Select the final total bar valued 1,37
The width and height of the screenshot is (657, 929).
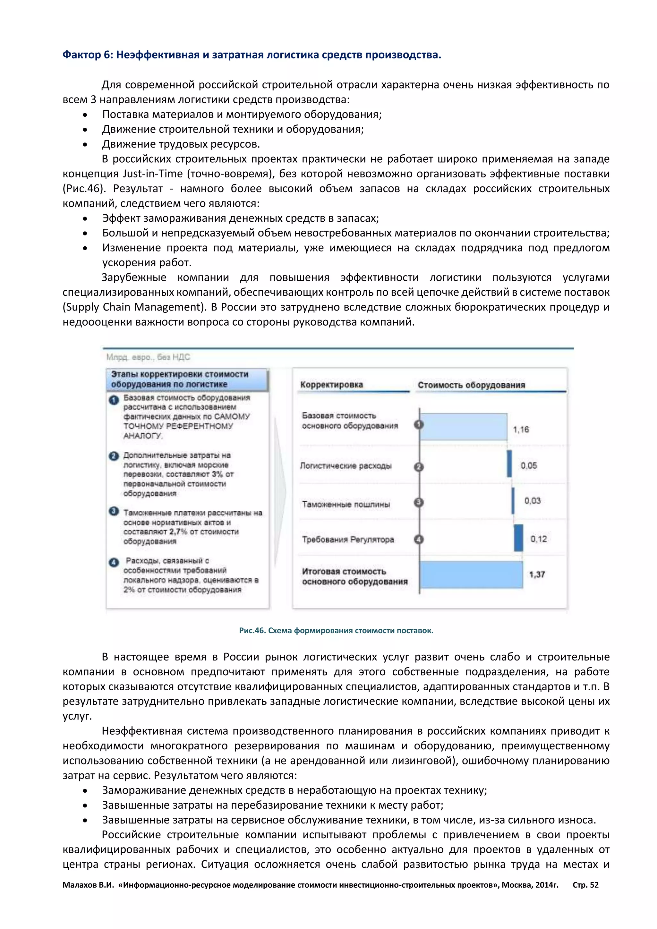(x=471, y=575)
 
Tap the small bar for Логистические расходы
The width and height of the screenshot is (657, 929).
(x=509, y=464)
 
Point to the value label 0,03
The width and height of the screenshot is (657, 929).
(x=533, y=501)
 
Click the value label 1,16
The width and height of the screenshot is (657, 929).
(x=521, y=430)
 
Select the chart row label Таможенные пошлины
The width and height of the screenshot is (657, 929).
(x=346, y=504)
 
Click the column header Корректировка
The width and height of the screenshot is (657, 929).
(x=331, y=385)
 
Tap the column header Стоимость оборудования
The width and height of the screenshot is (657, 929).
(x=471, y=385)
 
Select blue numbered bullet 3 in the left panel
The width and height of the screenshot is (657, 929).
(x=114, y=511)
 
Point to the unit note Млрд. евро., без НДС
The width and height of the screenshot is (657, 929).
(x=148, y=357)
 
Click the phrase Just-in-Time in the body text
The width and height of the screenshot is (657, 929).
(x=152, y=174)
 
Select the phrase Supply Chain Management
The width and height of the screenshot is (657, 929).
(x=132, y=307)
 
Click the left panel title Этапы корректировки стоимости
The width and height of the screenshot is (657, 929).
(x=180, y=374)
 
